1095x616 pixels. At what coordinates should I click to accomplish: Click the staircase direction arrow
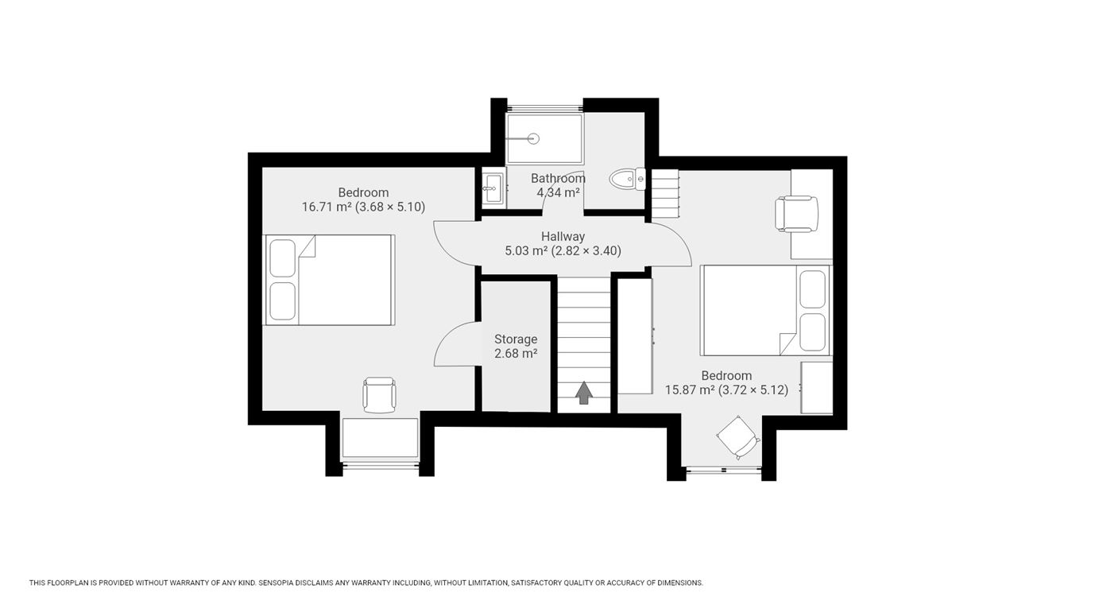(584, 393)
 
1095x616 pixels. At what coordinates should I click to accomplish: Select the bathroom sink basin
(492, 188)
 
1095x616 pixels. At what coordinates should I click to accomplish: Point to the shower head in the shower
(533, 139)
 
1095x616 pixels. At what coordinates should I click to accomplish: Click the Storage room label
(516, 339)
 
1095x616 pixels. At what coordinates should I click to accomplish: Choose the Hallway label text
(563, 237)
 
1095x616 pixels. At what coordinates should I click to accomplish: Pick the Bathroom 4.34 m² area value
(559, 192)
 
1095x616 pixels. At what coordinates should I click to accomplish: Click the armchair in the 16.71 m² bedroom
(379, 394)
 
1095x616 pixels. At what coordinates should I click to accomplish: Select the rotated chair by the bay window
(738, 438)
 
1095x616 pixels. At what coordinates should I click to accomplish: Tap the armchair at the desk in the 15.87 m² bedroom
(796, 214)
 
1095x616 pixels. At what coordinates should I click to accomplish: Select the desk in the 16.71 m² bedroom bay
(380, 438)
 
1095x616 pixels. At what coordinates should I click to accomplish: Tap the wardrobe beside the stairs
(636, 336)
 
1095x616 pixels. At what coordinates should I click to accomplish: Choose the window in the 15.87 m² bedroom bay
(724, 470)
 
